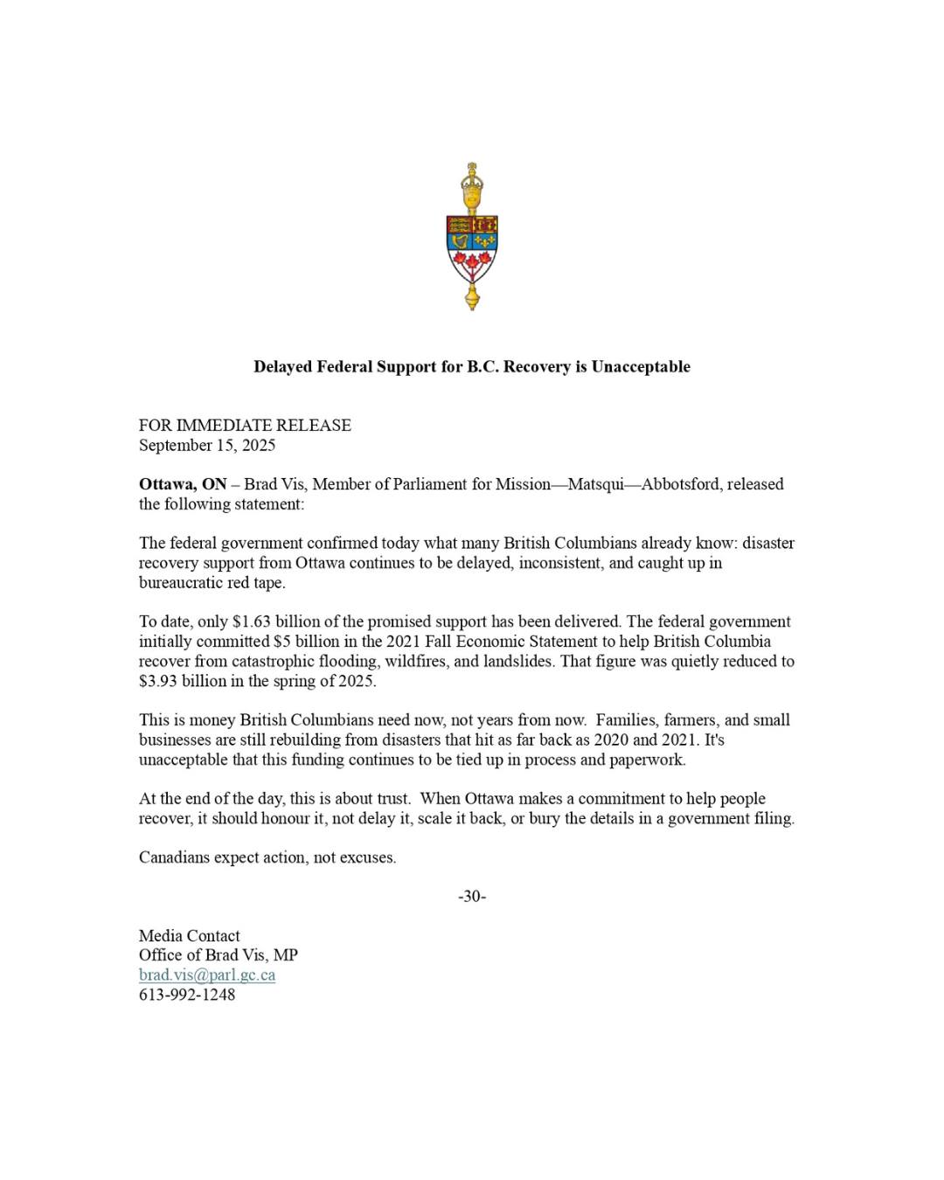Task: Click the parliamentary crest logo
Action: coord(472,240)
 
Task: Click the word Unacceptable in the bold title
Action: coord(641,367)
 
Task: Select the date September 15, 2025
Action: coord(207,445)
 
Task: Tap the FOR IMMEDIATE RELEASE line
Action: coord(245,426)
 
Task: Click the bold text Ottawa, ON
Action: coord(183,484)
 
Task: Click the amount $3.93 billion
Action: coord(183,681)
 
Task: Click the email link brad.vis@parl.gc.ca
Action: coord(207,975)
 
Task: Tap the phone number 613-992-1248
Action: coord(187,995)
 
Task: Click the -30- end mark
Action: coord(472,896)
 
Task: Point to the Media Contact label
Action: coord(189,935)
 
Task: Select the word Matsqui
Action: coord(595,484)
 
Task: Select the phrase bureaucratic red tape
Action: coord(212,583)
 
